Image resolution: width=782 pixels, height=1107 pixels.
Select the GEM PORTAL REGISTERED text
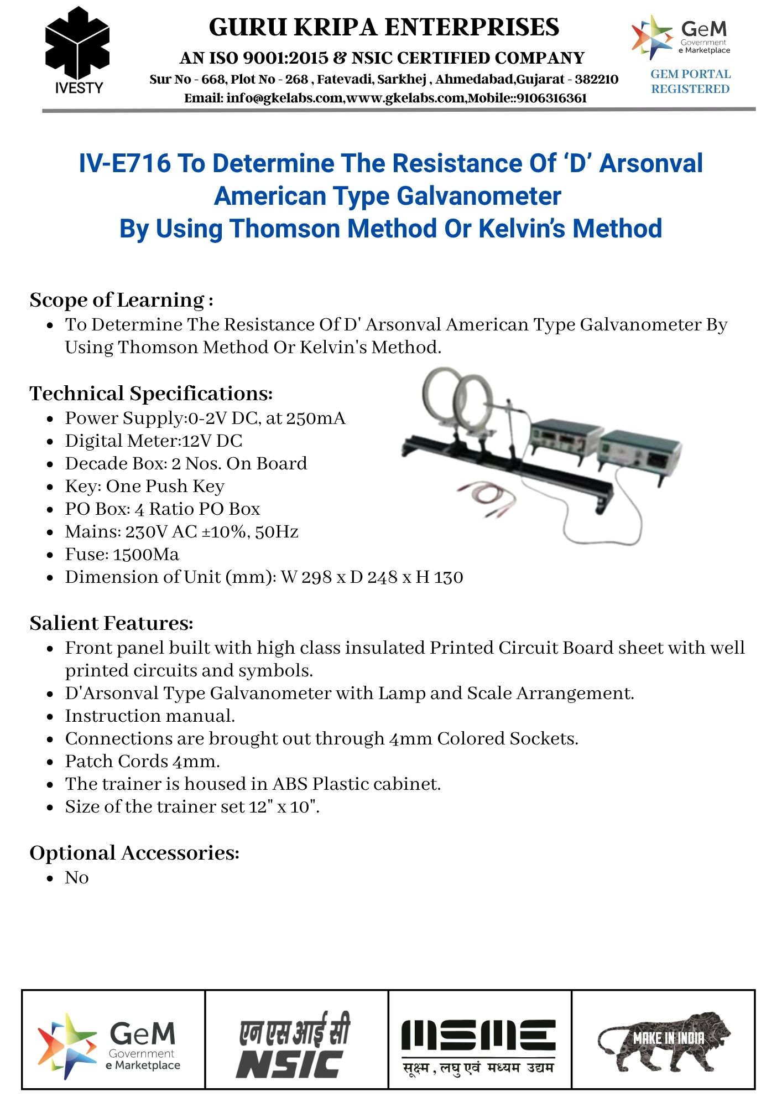[x=690, y=81]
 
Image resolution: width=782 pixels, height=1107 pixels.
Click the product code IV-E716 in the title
[x=124, y=163]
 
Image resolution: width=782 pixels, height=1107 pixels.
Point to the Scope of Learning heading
[x=121, y=300]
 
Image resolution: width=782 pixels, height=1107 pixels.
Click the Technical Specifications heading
[x=151, y=394]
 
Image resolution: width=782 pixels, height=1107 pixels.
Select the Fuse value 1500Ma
[x=146, y=555]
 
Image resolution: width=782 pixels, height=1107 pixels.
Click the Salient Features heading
[x=111, y=623]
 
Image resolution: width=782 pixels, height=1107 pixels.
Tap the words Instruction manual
[x=150, y=716]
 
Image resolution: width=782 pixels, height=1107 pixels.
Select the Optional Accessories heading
[x=134, y=853]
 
